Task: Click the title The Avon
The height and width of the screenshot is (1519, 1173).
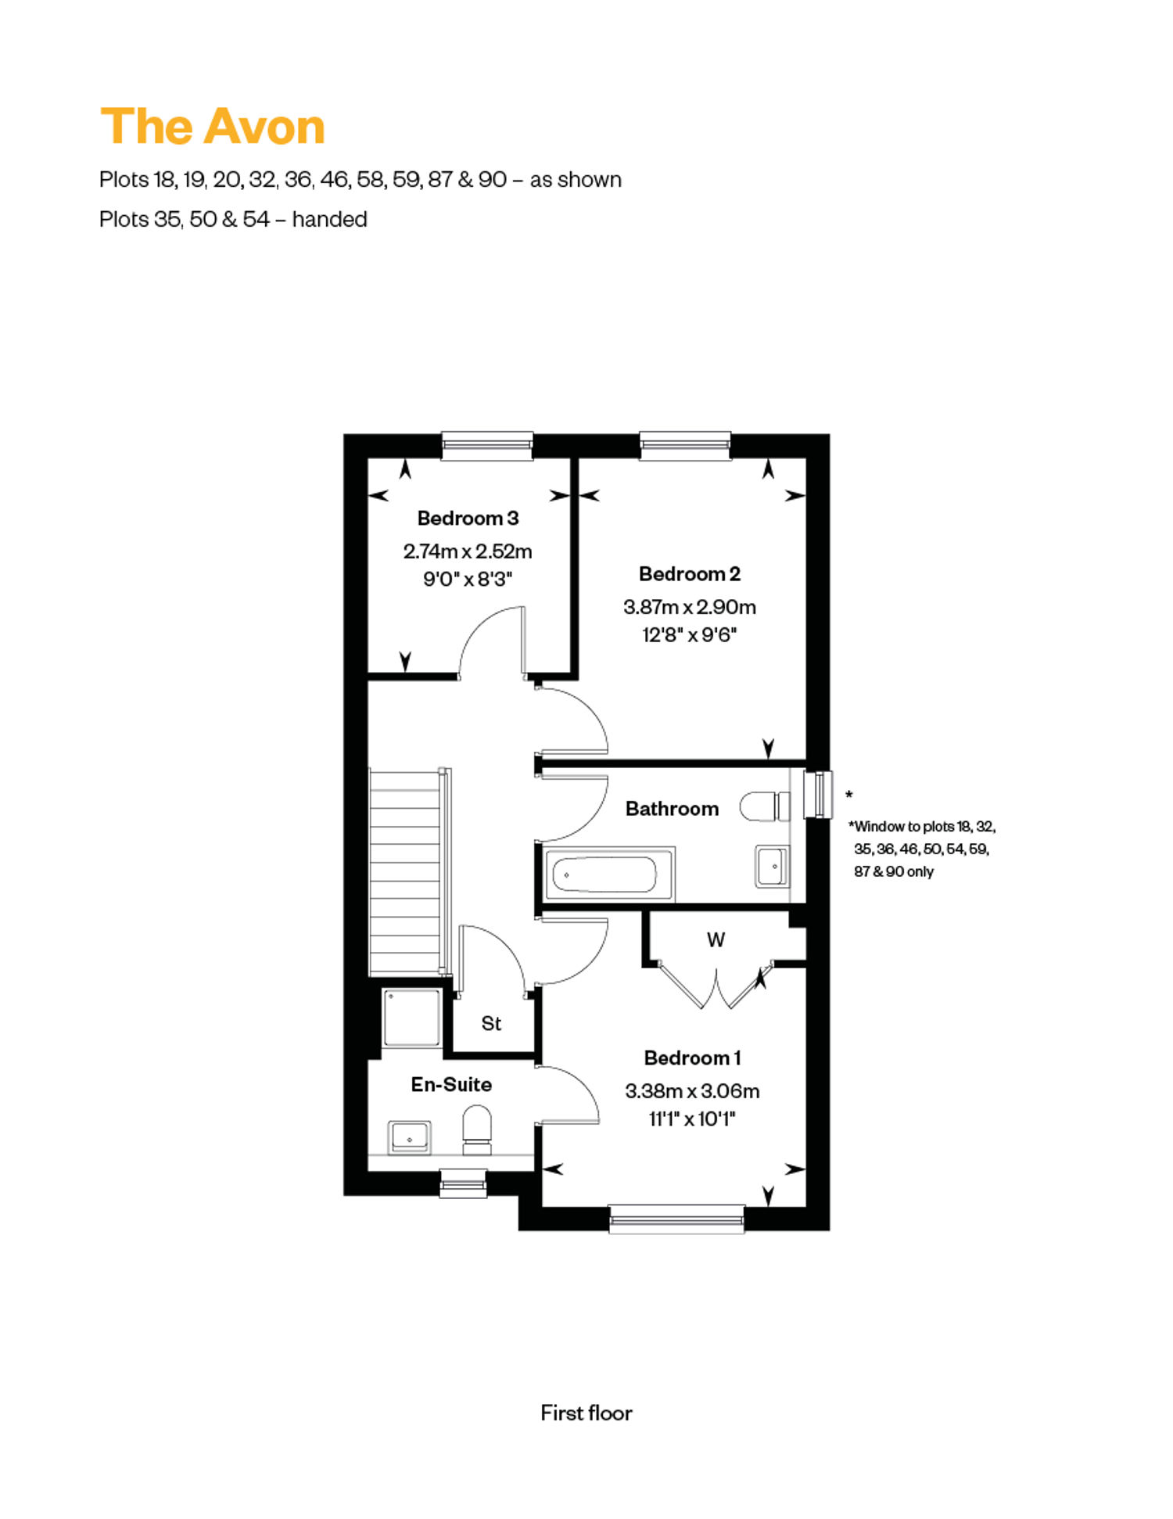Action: tap(213, 127)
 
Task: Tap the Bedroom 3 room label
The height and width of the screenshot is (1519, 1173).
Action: tap(468, 519)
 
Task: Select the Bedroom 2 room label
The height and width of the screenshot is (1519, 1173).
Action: tap(689, 574)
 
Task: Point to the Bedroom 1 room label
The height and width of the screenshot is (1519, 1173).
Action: tap(692, 1058)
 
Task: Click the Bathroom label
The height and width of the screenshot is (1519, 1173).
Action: tap(672, 809)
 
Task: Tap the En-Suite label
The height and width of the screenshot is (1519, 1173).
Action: tap(451, 1085)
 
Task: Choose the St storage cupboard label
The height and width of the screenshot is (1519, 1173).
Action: tap(491, 1024)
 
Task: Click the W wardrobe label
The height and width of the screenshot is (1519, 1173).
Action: tap(716, 940)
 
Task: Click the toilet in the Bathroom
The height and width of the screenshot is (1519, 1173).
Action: tap(765, 807)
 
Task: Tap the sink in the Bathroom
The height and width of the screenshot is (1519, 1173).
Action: tap(772, 866)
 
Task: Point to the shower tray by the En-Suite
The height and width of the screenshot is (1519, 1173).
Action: tap(412, 1018)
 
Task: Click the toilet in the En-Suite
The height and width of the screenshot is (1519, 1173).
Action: tap(477, 1129)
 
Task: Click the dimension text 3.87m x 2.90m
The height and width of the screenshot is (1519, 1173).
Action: tap(689, 607)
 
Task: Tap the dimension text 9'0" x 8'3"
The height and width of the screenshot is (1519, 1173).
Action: tap(468, 580)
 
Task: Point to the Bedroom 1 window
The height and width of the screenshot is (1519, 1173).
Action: tap(676, 1219)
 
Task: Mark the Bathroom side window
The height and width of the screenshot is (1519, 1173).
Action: tap(818, 795)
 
